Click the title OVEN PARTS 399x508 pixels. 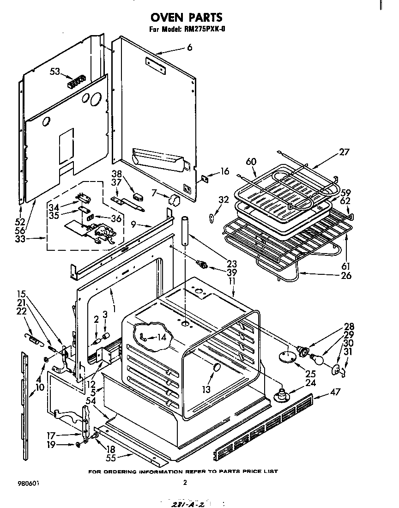coord(186,17)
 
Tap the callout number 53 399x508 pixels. coord(55,71)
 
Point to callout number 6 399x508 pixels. coord(189,48)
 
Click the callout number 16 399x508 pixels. coord(224,171)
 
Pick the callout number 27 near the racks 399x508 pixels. coord(344,152)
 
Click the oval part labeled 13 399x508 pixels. coord(216,368)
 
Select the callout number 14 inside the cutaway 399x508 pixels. coord(161,337)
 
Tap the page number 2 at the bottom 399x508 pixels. coord(185,483)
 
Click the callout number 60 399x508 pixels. coord(251,161)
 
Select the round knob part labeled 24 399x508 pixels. coord(280,394)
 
